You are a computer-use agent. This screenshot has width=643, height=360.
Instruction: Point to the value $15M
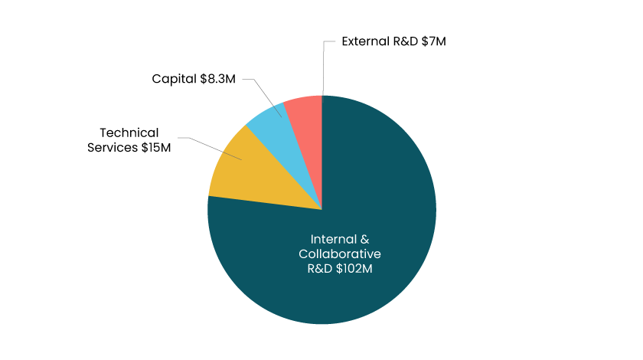click(155, 147)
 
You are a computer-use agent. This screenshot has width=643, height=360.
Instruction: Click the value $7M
click(432, 41)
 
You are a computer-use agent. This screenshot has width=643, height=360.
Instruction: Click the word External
click(364, 41)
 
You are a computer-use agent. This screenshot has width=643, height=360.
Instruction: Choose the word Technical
click(129, 133)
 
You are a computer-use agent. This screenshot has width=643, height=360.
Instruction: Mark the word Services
click(112, 147)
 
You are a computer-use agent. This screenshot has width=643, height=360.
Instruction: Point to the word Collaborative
click(339, 254)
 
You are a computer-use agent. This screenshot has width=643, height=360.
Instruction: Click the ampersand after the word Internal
click(354, 238)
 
